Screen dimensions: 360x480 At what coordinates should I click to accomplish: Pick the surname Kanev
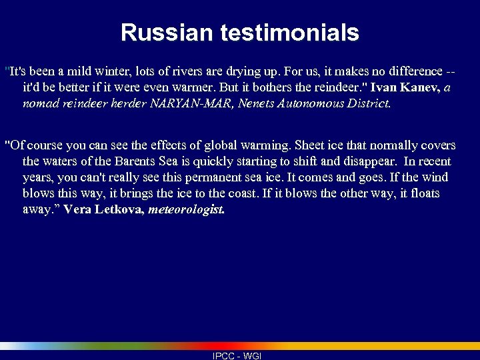click(418, 87)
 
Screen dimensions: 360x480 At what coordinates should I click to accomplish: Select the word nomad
click(39, 103)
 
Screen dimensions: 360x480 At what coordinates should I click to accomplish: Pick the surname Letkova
click(118, 209)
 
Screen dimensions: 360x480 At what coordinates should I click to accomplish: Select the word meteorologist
click(186, 209)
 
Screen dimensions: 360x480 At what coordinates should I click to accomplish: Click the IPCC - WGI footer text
click(237, 356)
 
